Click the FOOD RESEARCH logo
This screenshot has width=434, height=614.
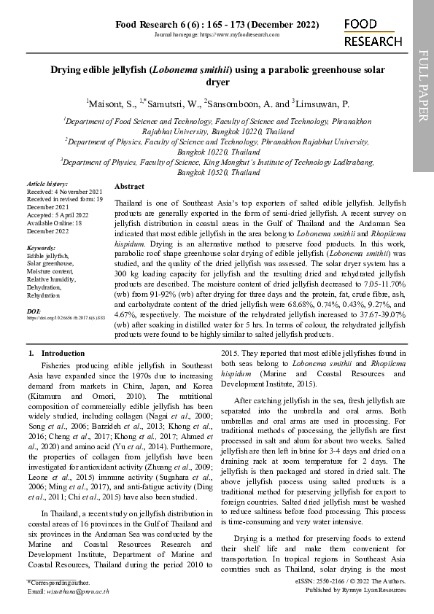373,34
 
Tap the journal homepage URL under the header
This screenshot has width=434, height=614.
217,35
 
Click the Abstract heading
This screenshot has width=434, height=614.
130,187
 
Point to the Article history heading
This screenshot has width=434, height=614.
47,184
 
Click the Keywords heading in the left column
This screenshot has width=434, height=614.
41,249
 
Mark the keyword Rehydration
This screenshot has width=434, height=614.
44,296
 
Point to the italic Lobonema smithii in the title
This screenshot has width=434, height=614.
192,70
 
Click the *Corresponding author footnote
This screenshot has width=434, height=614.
58,583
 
